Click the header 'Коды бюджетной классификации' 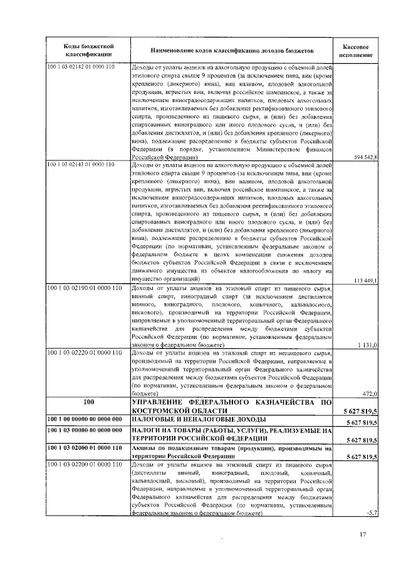pos(88,50)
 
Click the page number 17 pos(362,534)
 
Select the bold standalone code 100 pos(88,402)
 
